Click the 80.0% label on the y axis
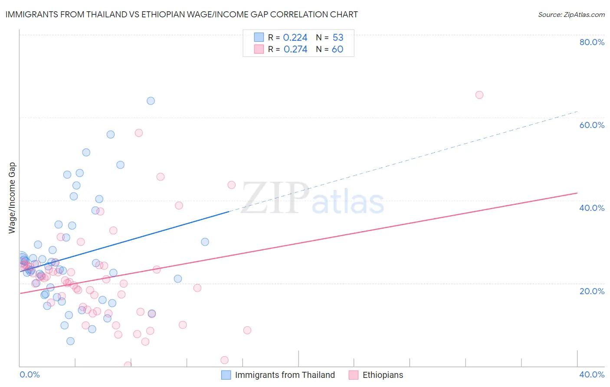pos(591,42)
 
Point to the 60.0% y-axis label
pos(591,125)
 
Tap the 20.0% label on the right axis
pos(591,291)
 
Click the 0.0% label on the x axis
pos(30,374)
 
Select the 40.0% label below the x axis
pos(591,374)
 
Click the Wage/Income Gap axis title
pos(12,198)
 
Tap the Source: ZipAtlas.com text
pos(571,15)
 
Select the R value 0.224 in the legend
pos(295,38)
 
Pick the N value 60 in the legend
pos(337,49)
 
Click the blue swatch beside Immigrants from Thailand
pos(226,375)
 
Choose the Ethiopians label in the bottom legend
pos(383,375)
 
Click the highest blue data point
pos(151,101)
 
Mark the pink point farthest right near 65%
pos(479,95)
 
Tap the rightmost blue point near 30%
pos(205,242)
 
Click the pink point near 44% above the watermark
pos(231,185)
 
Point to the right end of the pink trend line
pos(577,193)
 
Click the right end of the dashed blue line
pos(577,112)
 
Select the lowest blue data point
pos(70,341)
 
